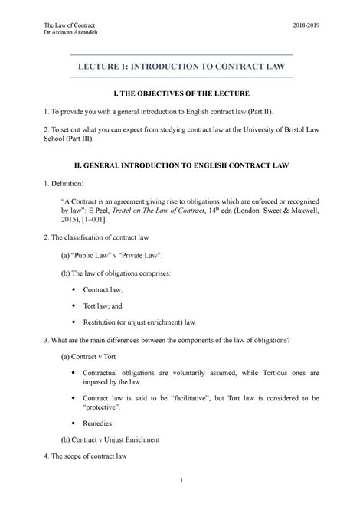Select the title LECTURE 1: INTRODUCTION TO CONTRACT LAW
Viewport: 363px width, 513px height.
pyautogui.click(x=181, y=67)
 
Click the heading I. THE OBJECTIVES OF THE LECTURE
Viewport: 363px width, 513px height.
pyautogui.click(x=181, y=94)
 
